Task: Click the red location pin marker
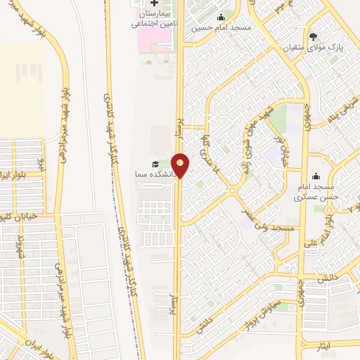(181, 165)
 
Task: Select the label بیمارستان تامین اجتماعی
(152, 18)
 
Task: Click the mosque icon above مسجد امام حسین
(221, 18)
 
